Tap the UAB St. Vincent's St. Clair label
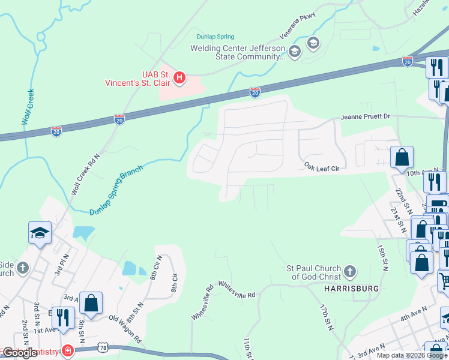click(139, 79)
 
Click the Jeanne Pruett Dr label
click(366, 116)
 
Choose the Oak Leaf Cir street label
click(322, 170)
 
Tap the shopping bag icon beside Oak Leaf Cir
click(402, 158)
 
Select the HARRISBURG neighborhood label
click(351, 289)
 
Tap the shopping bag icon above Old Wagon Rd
click(91, 303)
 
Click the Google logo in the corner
click(20, 353)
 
